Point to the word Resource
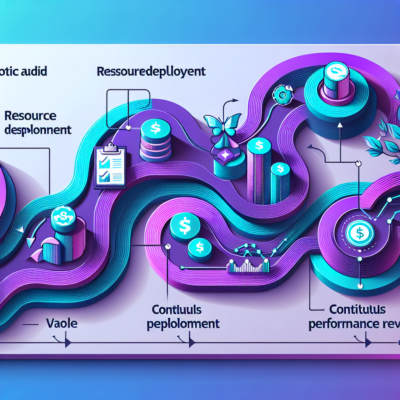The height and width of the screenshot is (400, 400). tap(30, 116)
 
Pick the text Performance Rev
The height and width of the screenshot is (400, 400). tap(354, 324)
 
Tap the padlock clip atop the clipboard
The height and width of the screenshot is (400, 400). tap(111, 146)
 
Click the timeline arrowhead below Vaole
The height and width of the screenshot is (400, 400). tap(68, 343)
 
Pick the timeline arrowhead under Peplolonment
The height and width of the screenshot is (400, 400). tap(191, 343)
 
